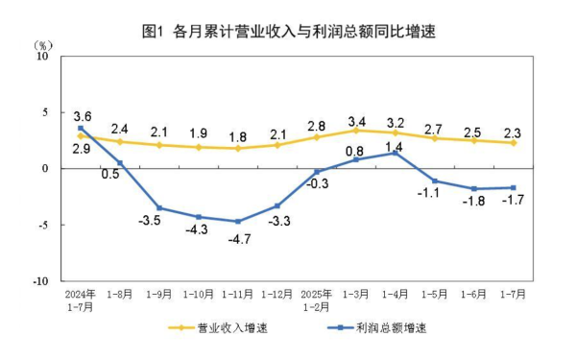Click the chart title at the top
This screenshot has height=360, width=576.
coord(288,31)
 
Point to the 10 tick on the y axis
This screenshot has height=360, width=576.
coord(42,56)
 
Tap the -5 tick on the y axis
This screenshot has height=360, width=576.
coord(42,225)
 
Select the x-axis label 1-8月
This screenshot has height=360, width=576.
coord(119,294)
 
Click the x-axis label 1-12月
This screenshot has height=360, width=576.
coord(277,294)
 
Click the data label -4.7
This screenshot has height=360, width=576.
coord(237,240)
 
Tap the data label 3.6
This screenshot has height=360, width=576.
coord(81,115)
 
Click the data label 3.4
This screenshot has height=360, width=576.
coord(356,121)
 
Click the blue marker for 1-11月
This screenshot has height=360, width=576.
coord(238,222)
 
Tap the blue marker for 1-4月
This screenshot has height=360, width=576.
coord(396,153)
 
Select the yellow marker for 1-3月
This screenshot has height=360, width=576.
coord(356,131)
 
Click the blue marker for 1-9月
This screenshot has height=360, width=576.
coord(159,208)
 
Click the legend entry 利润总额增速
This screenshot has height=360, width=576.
coord(377,328)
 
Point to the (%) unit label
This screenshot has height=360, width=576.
coord(43,45)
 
